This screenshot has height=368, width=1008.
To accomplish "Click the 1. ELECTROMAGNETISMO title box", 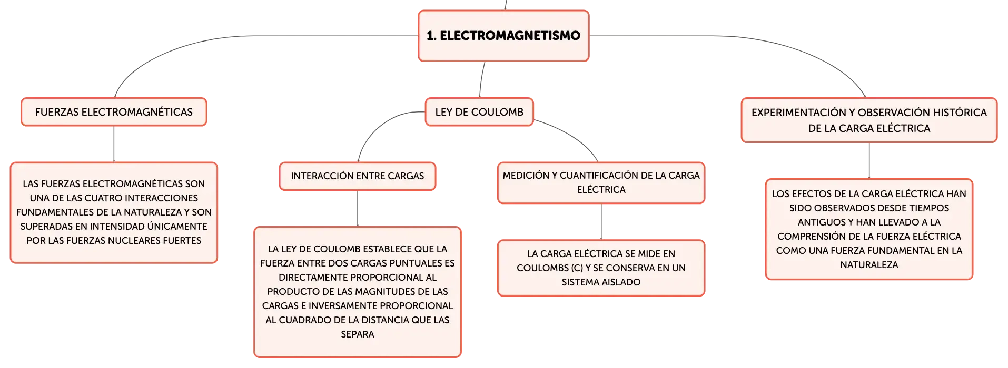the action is point(503,36).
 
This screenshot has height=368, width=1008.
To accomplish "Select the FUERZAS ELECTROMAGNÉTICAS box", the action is point(114,112).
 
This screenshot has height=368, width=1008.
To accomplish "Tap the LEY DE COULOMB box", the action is point(479,112).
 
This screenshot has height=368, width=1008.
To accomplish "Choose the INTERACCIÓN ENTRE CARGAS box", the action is point(358,176).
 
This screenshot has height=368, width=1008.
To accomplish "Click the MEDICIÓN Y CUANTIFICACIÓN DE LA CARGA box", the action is point(601,182).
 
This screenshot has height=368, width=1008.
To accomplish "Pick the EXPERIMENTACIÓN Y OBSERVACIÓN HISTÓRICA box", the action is point(869,120).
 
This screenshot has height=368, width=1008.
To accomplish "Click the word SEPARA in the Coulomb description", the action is point(358,334).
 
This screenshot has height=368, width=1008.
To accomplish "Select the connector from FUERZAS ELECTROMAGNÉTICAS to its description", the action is point(114,144).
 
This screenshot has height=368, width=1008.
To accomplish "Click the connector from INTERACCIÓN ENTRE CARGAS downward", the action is point(358,209).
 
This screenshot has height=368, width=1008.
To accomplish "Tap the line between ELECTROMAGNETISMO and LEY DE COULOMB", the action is point(481,79).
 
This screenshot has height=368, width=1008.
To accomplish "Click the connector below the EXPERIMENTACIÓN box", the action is point(869,161).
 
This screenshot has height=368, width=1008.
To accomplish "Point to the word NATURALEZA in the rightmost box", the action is point(869,265).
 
